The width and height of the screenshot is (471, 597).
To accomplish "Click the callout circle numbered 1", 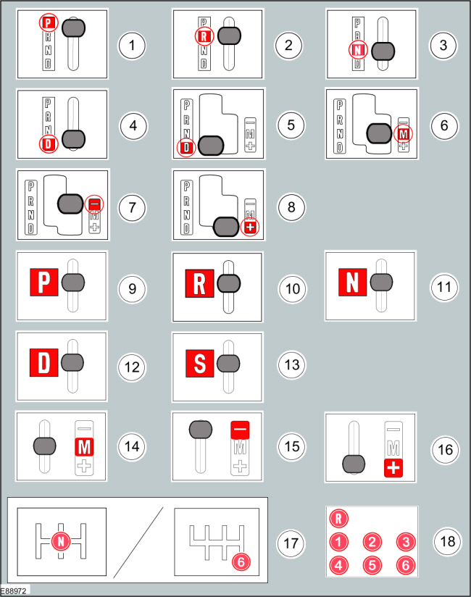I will click(x=131, y=45).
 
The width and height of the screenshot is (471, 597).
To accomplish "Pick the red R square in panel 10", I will click(x=199, y=283).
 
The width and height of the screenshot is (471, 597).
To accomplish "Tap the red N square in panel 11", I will click(x=353, y=283).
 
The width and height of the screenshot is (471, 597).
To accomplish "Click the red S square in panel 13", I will click(x=199, y=363).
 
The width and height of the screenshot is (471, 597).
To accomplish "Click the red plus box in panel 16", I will click(x=394, y=467).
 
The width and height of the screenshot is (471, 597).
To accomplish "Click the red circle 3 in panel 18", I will click(x=406, y=541).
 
